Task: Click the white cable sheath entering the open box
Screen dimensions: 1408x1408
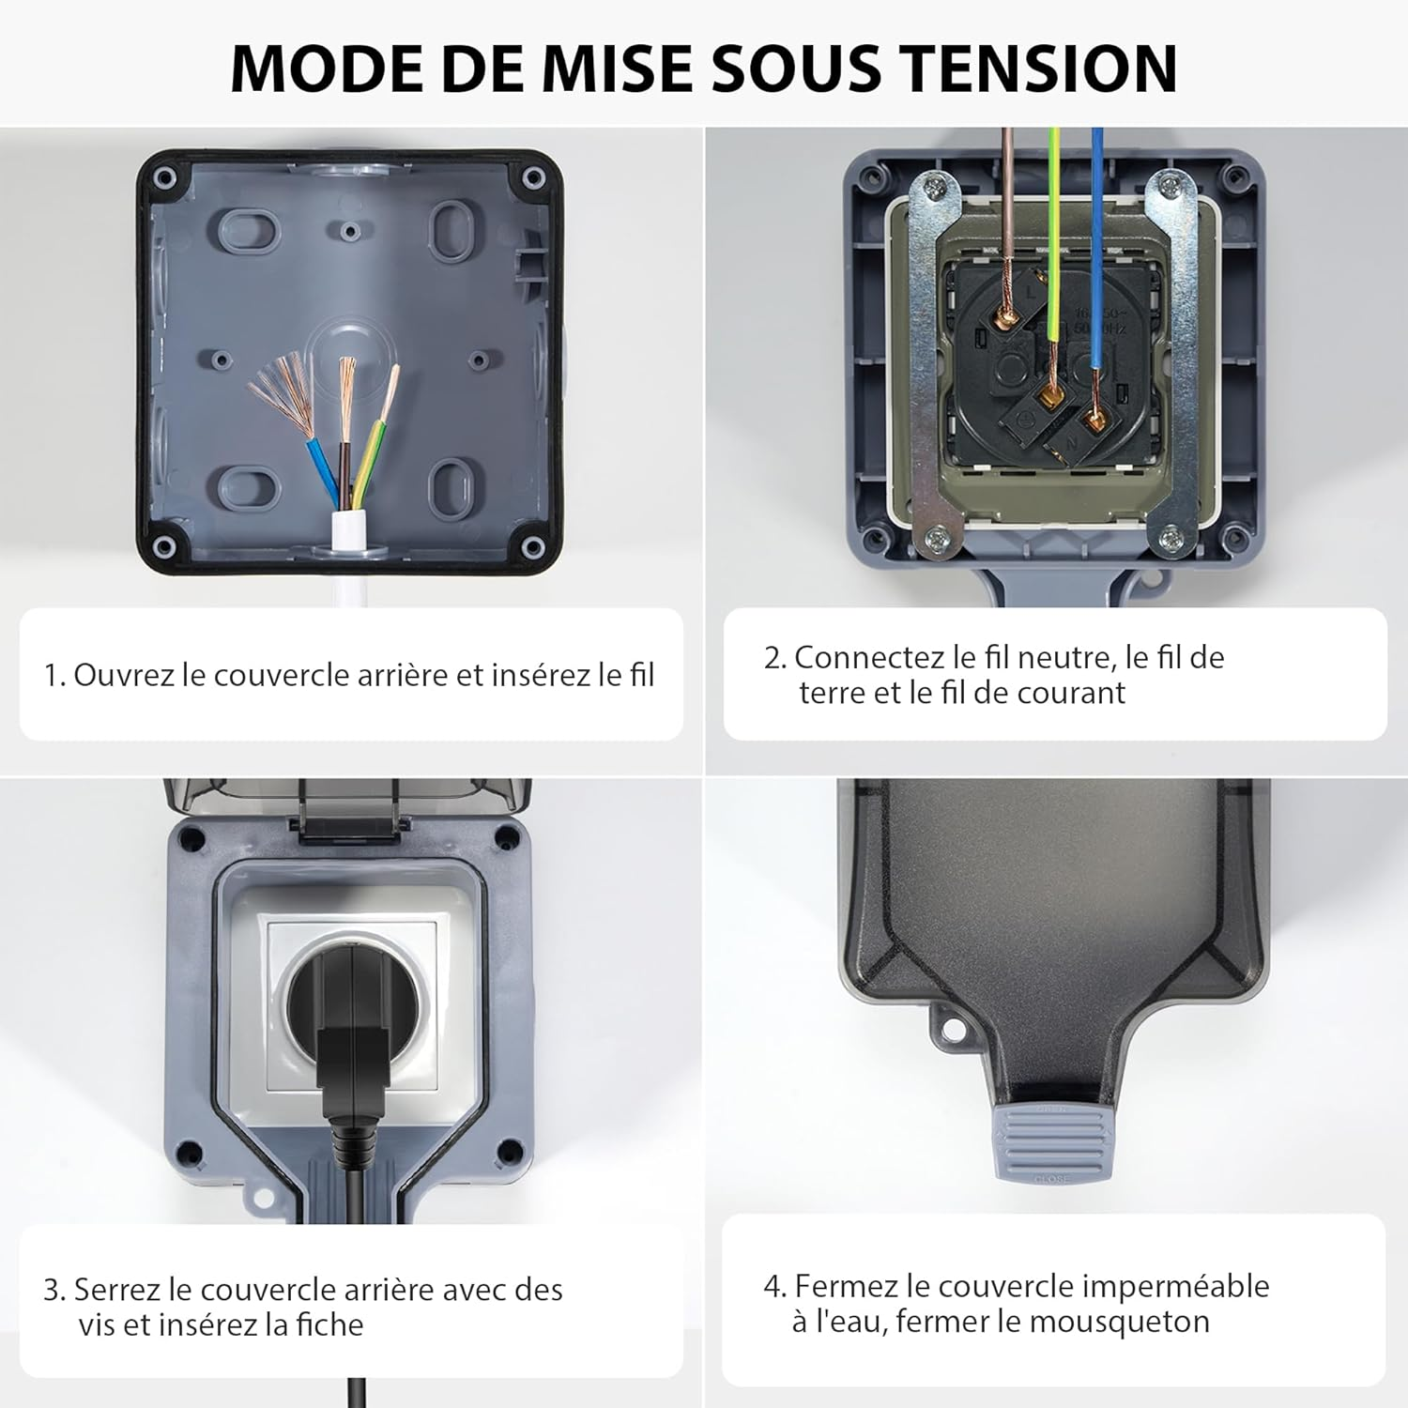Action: pos(349,554)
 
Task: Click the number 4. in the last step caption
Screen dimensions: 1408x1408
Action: pos(774,1286)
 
